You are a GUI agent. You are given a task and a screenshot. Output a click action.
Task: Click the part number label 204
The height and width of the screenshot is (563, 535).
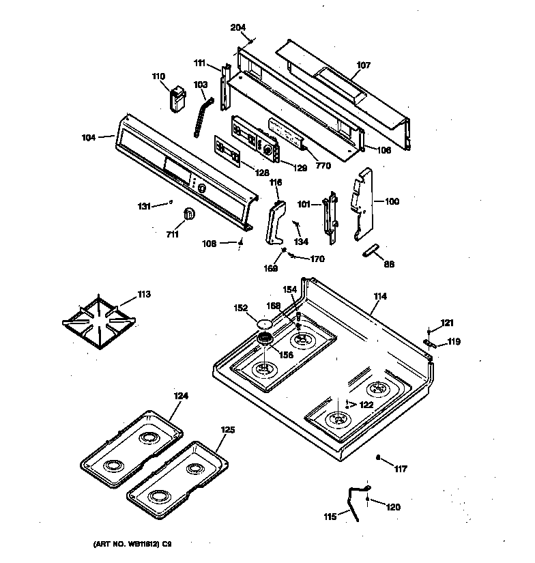click(x=237, y=27)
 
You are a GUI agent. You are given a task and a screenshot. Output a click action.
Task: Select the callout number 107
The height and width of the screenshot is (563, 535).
click(x=364, y=66)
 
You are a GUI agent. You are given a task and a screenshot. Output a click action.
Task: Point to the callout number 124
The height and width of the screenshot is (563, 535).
click(x=161, y=396)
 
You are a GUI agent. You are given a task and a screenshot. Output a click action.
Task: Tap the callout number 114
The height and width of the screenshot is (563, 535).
click(x=380, y=296)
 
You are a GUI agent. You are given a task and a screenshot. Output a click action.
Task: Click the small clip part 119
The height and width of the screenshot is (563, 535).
click(x=427, y=343)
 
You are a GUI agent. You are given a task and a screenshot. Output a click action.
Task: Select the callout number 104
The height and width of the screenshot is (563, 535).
click(x=89, y=137)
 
